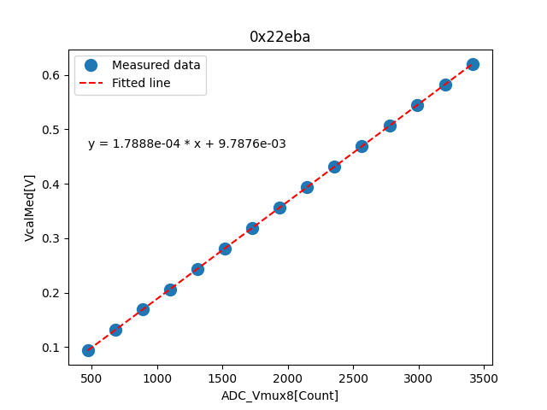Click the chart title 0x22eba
tap(279, 37)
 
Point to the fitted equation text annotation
tap(186, 144)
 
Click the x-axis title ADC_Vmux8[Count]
tap(279, 395)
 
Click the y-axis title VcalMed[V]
tap(30, 208)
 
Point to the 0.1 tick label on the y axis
tap(53, 348)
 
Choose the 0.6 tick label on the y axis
tap(53, 75)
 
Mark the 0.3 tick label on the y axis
tap(53, 238)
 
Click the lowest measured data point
tap(88, 350)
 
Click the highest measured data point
tap(473, 64)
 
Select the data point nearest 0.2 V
tap(170, 290)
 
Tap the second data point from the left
tap(115, 330)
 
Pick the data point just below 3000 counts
tap(417, 105)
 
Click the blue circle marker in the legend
tap(91, 65)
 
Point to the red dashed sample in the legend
tap(91, 83)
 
